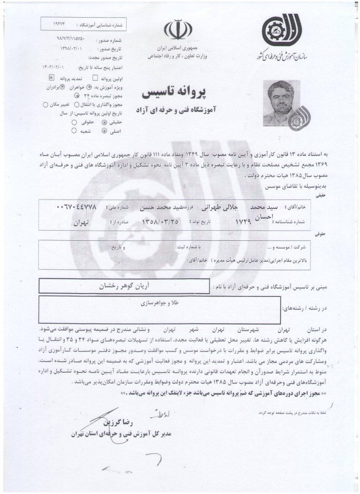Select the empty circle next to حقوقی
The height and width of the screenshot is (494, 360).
(x=74, y=123)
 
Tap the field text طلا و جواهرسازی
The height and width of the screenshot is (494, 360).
(x=157, y=303)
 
